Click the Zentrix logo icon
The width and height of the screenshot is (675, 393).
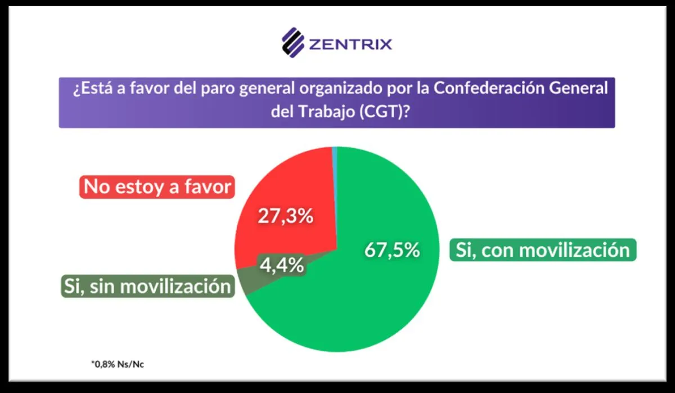[293, 43]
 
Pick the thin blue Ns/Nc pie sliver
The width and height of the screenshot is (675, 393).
[335, 150]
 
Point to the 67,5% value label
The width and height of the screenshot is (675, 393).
[392, 250]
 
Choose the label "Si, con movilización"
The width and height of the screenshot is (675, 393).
[543, 249]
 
